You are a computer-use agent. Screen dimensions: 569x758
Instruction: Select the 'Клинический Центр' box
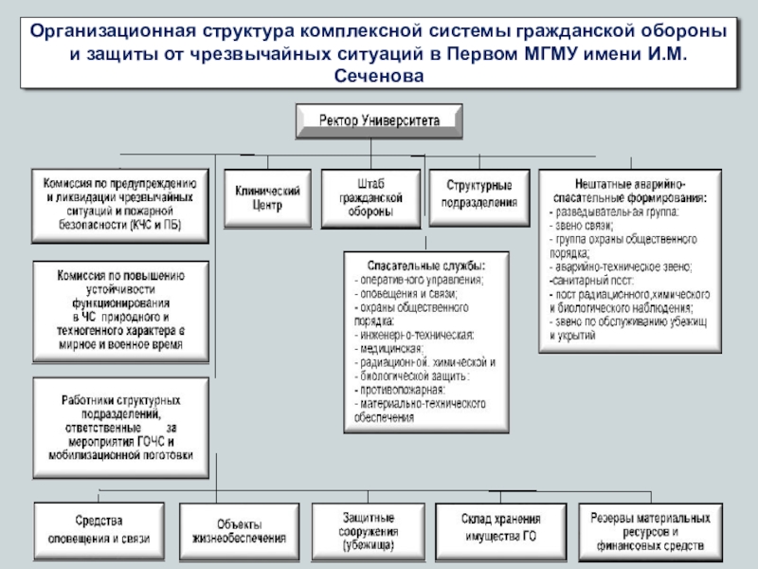pyautogui.click(x=268, y=197)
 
